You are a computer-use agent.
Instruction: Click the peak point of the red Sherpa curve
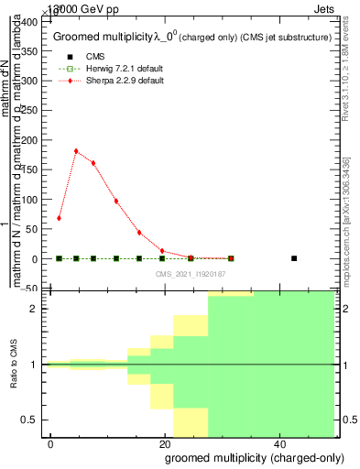76,151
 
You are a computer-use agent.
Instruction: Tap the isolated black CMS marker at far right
294,258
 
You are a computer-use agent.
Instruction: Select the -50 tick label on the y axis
33,289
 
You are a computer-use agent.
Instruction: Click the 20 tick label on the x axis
164,444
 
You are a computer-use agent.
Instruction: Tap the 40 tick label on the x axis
278,444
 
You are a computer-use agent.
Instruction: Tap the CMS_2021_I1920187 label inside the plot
191,274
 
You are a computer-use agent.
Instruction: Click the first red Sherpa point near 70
59,218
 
